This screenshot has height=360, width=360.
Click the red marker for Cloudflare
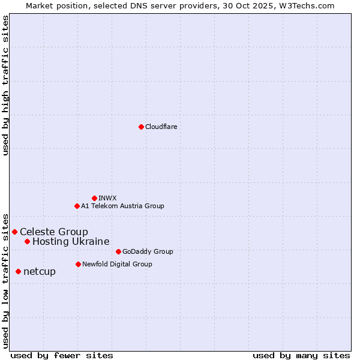coord(141,127)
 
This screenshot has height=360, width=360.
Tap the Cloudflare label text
coord(161,127)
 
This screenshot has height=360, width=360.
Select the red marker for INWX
coord(94,198)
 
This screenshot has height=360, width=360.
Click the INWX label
coord(108,198)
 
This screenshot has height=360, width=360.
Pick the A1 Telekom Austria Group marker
coord(77,206)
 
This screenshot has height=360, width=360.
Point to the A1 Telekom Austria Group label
coord(122,206)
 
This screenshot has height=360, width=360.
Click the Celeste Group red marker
coord(14,232)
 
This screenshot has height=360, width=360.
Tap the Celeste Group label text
coord(54,232)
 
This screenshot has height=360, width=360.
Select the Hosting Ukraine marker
coord(27,241)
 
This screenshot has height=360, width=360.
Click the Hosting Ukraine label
coord(71,241)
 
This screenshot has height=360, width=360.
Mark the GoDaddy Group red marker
coord(118,251)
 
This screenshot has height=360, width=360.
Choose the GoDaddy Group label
coord(148,251)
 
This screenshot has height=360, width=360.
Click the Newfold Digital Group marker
coord(78,264)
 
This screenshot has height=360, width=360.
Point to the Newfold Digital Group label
coord(117,264)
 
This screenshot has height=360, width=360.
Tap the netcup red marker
coord(18,271)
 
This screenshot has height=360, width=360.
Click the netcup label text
coord(40,271)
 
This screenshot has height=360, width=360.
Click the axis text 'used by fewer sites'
coord(62,355)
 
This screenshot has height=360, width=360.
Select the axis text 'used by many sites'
coord(301,355)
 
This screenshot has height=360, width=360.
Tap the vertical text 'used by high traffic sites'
coord(5,85)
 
